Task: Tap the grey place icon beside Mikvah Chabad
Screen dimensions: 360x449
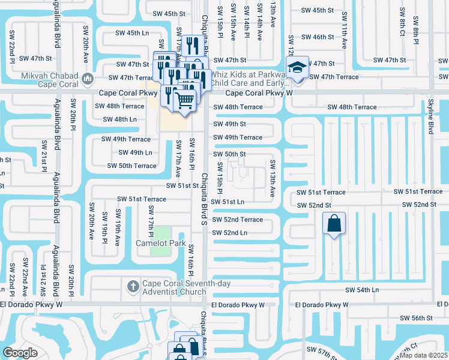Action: tap(88, 79)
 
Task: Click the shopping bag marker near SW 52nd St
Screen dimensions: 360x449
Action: tap(334, 224)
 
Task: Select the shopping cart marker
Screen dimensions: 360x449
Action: tap(185, 100)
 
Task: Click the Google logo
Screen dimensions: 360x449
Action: tap(20, 353)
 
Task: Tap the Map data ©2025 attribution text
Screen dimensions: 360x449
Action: tap(423, 355)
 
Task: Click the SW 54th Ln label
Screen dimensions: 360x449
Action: tap(363, 290)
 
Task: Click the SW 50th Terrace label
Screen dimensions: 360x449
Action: tap(131, 166)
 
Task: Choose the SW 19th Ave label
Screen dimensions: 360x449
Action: tap(118, 228)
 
